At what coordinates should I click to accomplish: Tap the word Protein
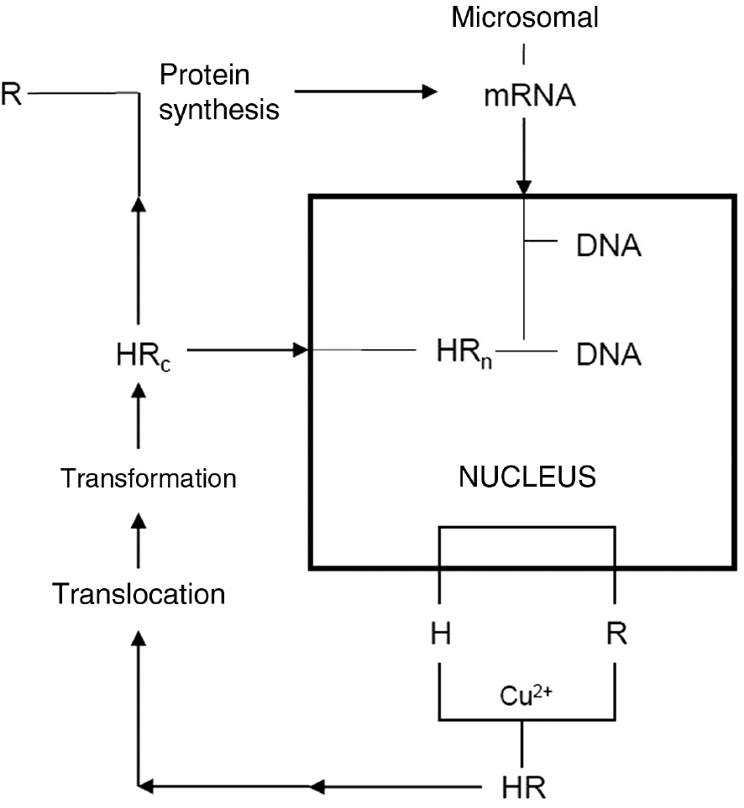pos(205,76)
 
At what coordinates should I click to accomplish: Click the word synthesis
pos(219,109)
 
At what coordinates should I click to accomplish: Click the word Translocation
pos(139,594)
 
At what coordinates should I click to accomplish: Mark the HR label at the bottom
pos(526,787)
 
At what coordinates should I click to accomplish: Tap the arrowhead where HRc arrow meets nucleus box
pos(301,349)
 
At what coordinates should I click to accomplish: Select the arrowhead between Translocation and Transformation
pos(139,524)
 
